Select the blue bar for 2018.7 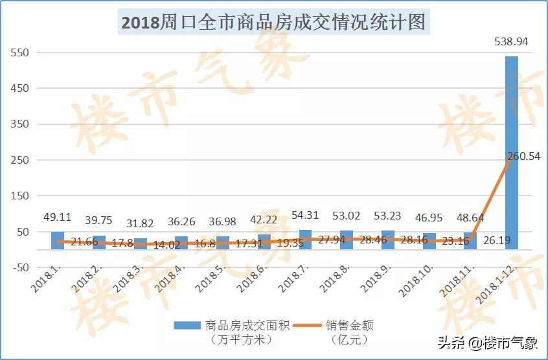pos(305,240)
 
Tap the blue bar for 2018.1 pos(58,240)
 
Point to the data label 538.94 pos(512,42)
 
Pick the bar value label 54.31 pos(305,214)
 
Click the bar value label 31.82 pos(140,223)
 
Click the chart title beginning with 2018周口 pos(273,23)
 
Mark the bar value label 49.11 pos(58,217)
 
